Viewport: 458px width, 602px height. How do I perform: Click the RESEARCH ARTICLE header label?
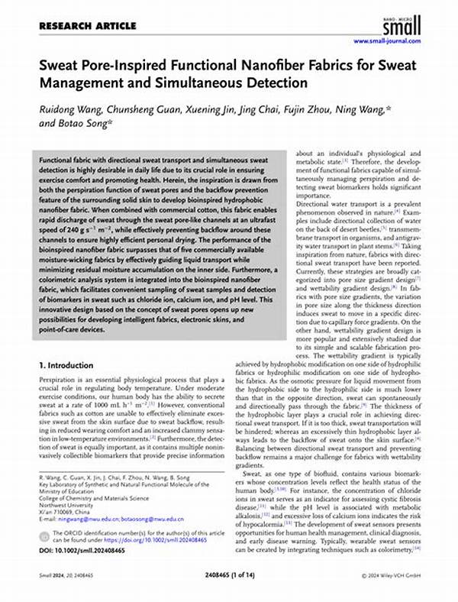(x=77, y=25)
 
